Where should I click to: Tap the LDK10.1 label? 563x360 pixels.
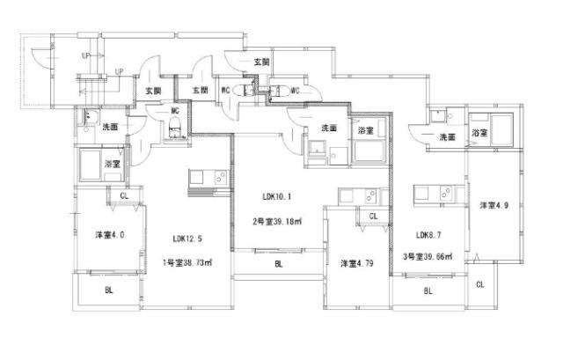pyautogui.click(x=277, y=196)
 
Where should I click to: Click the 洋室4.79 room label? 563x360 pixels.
pyautogui.click(x=357, y=263)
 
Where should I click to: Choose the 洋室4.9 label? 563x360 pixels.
pyautogui.click(x=494, y=205)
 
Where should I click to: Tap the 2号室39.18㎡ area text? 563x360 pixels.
pyautogui.click(x=278, y=223)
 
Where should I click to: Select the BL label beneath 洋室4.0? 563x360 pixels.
pyautogui.click(x=109, y=290)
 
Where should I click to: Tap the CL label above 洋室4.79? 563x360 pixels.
pyautogui.click(x=373, y=216)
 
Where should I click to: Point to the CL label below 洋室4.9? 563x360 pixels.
pyautogui.click(x=480, y=284)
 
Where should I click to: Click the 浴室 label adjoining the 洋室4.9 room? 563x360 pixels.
pyautogui.click(x=479, y=133)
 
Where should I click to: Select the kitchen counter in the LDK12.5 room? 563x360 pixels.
pyautogui.click(x=208, y=178)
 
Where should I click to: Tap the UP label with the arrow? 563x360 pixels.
pyautogui.click(x=85, y=55)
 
